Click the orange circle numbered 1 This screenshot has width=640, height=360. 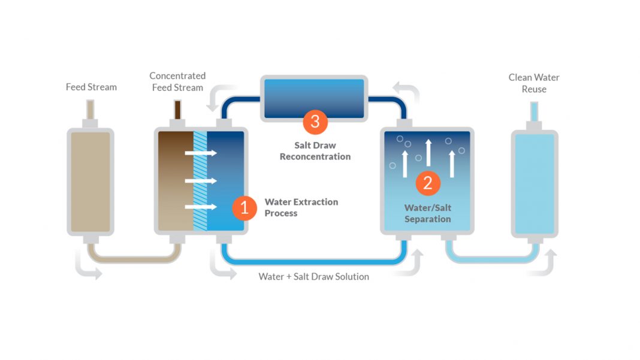pos(244,208)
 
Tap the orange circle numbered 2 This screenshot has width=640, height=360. pos(428,183)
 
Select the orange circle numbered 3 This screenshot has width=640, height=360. pos(315,122)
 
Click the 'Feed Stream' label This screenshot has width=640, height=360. pos(91,87)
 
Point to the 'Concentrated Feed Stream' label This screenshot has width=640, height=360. pos(177,81)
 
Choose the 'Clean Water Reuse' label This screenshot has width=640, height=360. pos(534,83)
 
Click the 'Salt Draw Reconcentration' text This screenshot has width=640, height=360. pos(315,151)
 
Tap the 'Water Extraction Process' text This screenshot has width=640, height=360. pos(301,207)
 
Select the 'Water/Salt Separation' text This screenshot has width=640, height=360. pos(428,213)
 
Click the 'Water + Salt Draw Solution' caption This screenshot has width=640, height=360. pos(313,277)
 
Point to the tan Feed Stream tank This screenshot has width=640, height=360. pos(90,181)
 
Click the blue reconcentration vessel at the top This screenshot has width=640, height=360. pos(315,97)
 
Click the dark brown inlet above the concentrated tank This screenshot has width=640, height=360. pos(177,110)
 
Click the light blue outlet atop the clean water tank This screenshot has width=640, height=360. pos(534,111)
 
